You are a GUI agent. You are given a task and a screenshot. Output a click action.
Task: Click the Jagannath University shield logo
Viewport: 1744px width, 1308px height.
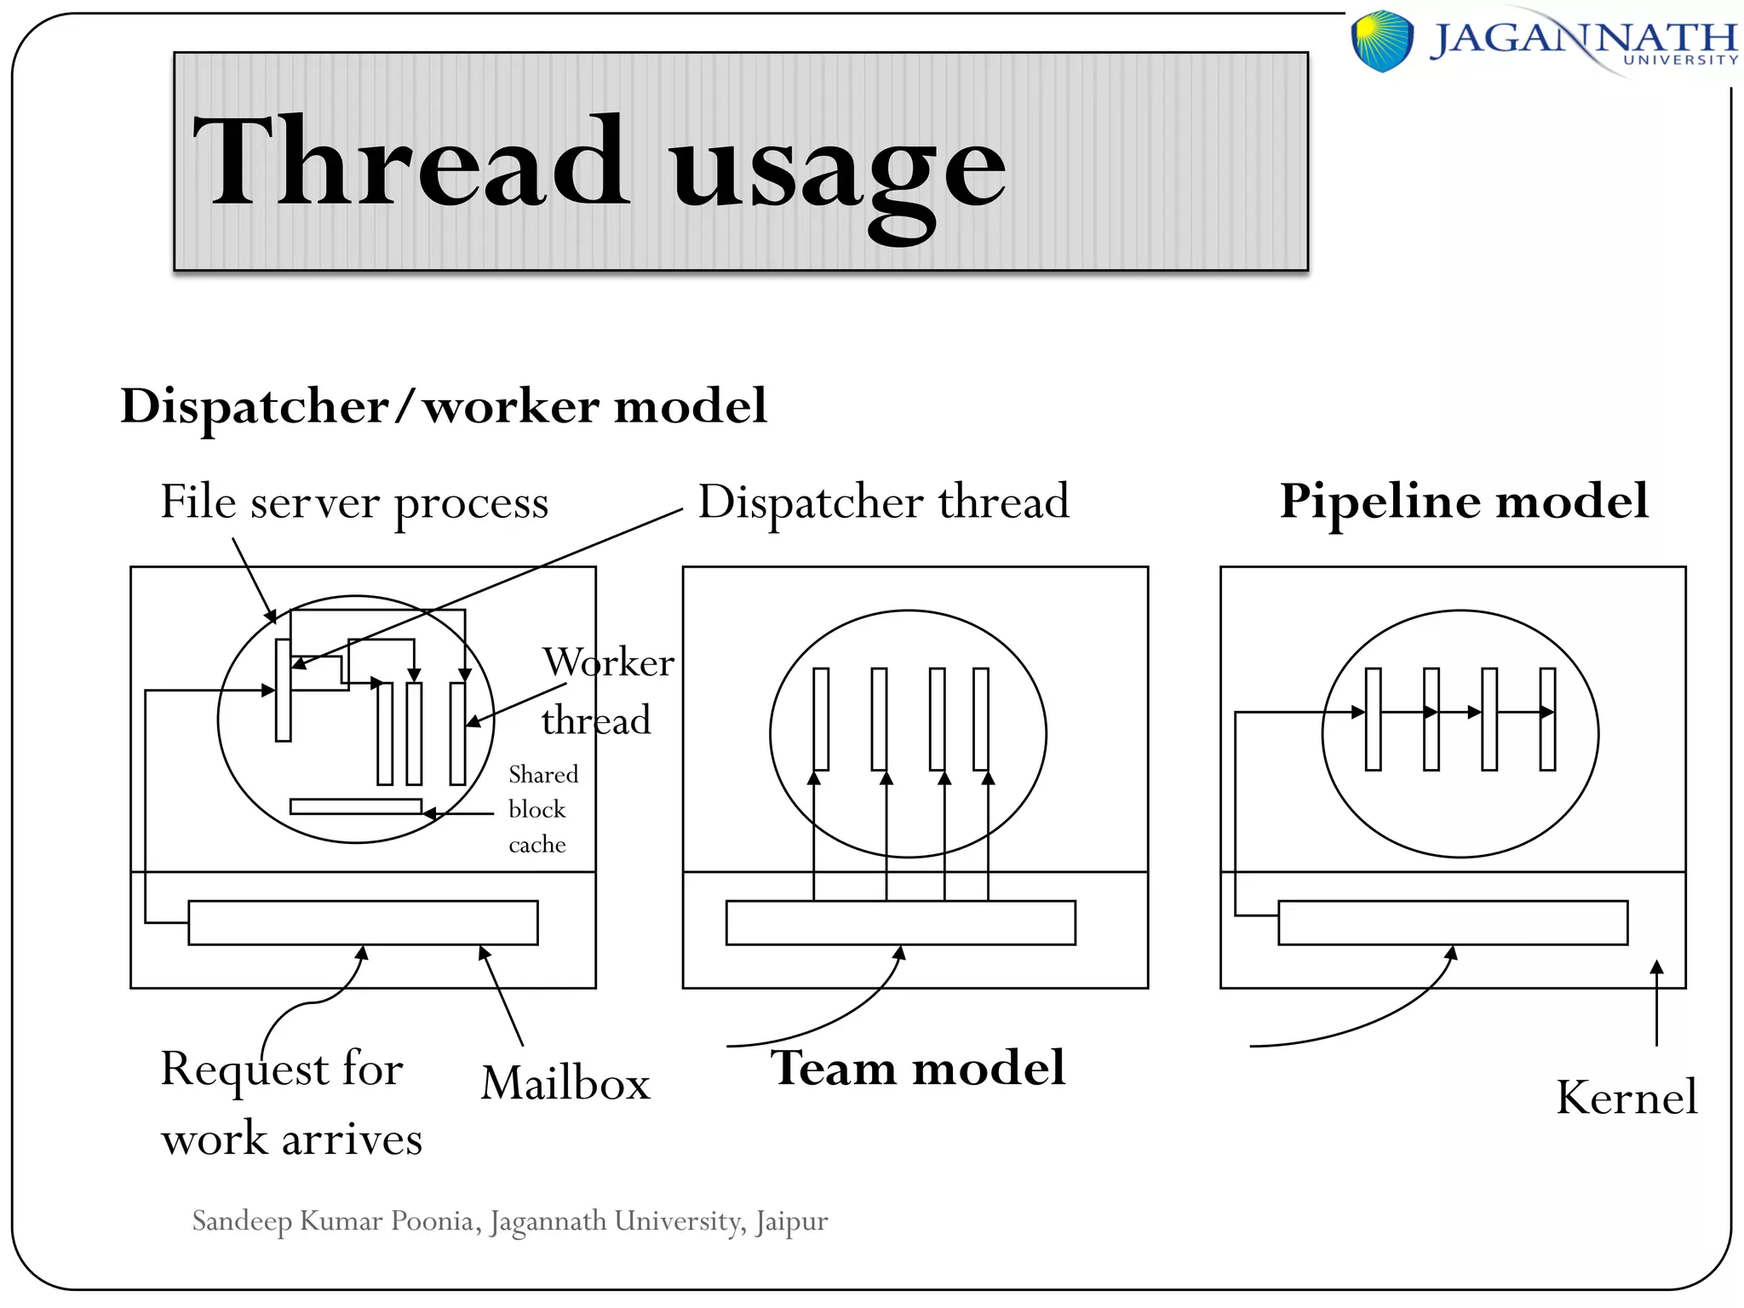coord(1382,40)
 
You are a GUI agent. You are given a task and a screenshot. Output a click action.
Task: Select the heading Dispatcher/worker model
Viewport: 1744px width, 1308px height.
coord(444,405)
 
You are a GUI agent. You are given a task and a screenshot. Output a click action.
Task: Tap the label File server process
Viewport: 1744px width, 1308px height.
coord(354,502)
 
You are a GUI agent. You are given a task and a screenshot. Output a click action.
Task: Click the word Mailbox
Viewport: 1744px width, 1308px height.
coord(565,1083)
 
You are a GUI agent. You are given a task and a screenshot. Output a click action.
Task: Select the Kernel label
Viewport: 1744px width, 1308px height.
coord(1626,1097)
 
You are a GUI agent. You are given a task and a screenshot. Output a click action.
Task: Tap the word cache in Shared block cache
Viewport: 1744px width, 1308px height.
coord(537,845)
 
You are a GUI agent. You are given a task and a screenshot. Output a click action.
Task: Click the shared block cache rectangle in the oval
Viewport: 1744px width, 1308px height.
coord(356,806)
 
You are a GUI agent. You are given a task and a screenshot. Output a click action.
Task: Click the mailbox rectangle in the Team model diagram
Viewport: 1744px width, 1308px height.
coord(900,922)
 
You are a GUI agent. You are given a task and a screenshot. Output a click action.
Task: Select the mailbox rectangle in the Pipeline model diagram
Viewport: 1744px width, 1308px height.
coord(1453,922)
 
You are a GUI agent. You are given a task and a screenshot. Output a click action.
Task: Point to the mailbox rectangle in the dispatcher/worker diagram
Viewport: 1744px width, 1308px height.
coord(363,922)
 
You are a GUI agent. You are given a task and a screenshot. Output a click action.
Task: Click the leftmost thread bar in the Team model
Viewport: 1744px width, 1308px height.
coord(821,720)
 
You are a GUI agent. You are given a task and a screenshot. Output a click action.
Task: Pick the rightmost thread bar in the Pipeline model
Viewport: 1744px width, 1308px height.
coord(1547,720)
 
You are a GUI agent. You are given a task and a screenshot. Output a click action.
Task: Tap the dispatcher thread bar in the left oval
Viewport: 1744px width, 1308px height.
coord(284,690)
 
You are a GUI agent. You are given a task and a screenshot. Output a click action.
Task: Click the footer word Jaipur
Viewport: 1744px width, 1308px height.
coord(791,1221)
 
